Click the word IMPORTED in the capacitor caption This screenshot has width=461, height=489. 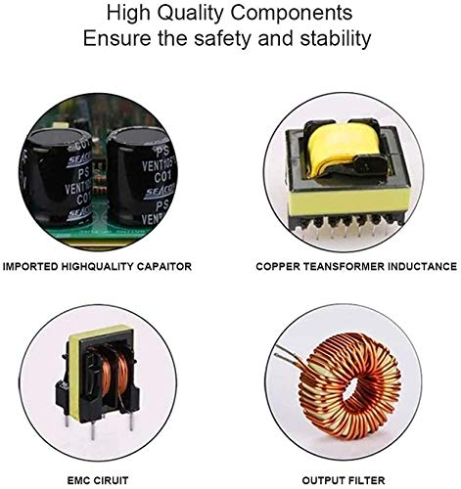(31, 266)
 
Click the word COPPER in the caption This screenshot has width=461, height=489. (280, 266)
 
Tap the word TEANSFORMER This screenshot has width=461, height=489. (348, 266)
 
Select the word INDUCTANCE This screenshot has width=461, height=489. (424, 266)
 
